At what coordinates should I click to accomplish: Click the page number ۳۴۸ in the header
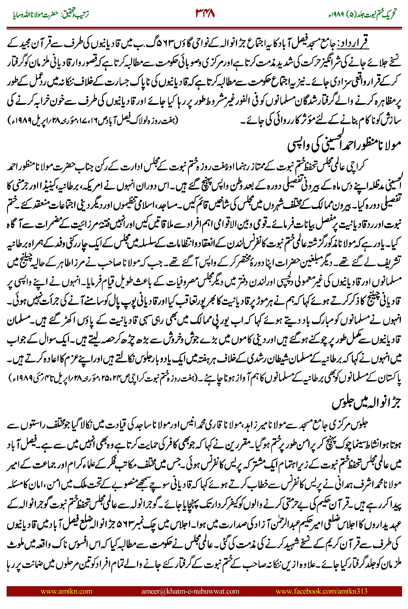(x=205, y=13)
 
